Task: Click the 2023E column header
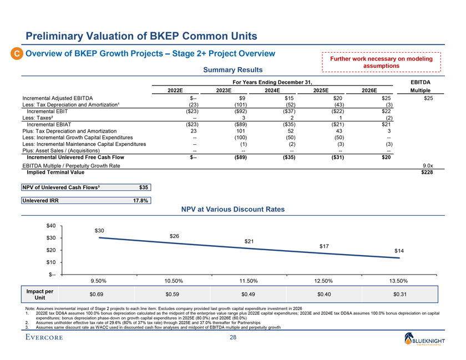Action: coord(224,90)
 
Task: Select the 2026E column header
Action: coord(369,90)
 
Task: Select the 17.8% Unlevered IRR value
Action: coord(140,201)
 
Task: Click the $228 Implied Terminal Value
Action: coord(426,172)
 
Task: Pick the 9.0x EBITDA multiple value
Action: coord(428,165)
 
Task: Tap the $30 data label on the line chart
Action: coord(100,230)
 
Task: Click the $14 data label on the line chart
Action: coord(399,251)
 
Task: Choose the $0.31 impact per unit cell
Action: coord(398,294)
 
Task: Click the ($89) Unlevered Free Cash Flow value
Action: coord(224,158)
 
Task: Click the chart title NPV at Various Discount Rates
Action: coord(233,210)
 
